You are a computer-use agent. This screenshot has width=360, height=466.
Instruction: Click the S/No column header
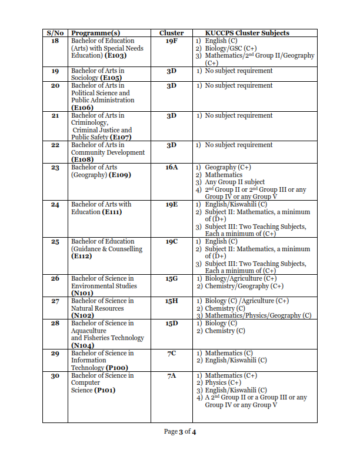pyautogui.click(x=55, y=33)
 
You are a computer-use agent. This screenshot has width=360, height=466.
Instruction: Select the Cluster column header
pyautogui.click(x=171, y=33)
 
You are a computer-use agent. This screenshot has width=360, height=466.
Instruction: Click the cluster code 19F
pyautogui.click(x=171, y=41)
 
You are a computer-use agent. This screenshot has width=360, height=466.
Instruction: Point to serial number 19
pyautogui.click(x=55, y=71)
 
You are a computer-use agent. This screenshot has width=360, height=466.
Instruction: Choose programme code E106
pyautogui.click(x=81, y=108)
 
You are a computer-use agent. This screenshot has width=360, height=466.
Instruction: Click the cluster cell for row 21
pyautogui.click(x=171, y=115)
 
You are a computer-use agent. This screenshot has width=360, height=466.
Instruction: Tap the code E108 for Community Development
pyautogui.click(x=81, y=159)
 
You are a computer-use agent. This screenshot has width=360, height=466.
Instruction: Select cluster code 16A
pyautogui.click(x=171, y=168)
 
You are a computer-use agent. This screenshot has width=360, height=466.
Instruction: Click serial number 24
pyautogui.click(x=55, y=205)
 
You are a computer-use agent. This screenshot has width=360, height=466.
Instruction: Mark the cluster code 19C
pyautogui.click(x=171, y=242)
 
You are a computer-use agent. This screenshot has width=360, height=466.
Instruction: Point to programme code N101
pyautogui.click(x=80, y=293)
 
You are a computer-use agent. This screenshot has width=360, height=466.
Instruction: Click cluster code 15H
pyautogui.click(x=171, y=301)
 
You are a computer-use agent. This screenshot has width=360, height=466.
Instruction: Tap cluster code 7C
pyautogui.click(x=171, y=353)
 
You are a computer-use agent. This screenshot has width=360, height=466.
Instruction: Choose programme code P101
pyautogui.click(x=105, y=390)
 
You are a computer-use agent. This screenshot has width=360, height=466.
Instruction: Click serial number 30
pyautogui.click(x=55, y=375)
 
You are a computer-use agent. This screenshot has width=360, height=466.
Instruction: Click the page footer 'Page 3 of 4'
pyautogui.click(x=179, y=432)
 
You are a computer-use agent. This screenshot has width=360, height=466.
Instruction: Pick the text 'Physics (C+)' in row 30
pyautogui.click(x=223, y=383)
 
